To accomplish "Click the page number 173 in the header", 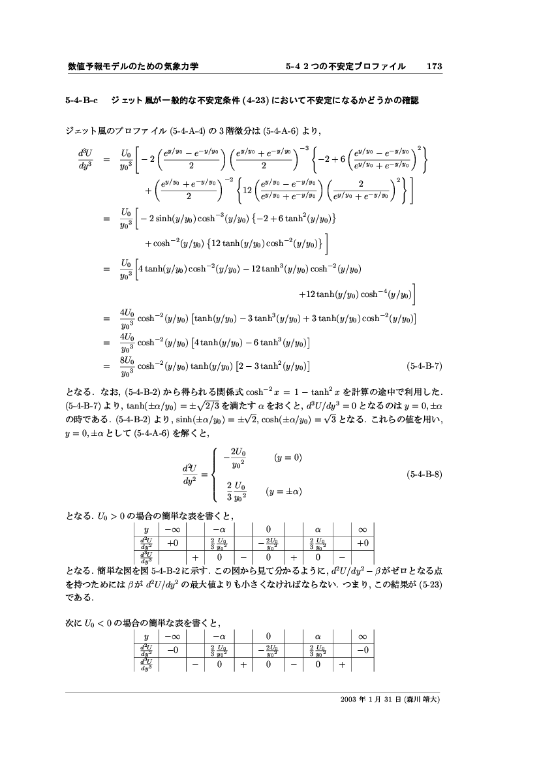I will click(x=434, y=67).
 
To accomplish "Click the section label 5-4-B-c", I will click(x=82, y=101).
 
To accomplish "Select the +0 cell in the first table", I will click(x=173, y=542).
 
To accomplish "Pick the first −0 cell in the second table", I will click(x=173, y=649).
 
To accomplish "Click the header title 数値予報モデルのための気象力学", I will click(x=132, y=67).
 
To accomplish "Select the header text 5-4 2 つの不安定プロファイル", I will click(x=345, y=67).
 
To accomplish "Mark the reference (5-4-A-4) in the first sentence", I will click(x=189, y=131).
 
